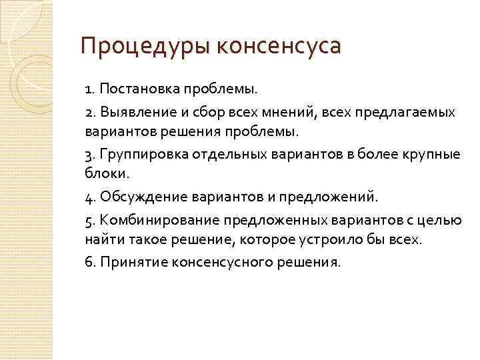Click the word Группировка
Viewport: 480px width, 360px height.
(144, 155)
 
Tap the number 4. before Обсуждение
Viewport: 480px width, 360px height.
(91, 197)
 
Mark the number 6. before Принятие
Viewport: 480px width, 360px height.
(91, 262)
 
